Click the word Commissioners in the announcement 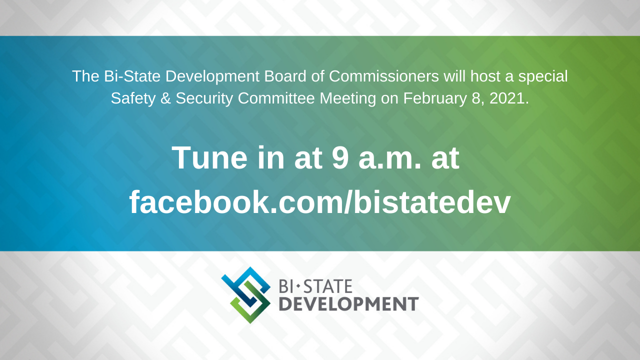click(x=384, y=76)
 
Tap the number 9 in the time click(x=341, y=158)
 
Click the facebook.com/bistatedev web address click(x=320, y=202)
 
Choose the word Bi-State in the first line click(x=131, y=76)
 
